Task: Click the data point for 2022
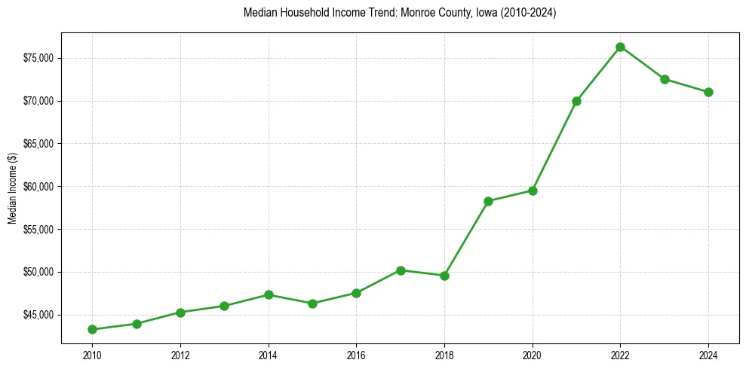coord(620,47)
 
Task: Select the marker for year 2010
coord(92,329)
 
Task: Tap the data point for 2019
coord(488,201)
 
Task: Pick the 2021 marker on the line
coord(576,101)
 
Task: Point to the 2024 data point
coord(708,92)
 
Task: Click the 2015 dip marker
coord(312,303)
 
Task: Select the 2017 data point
coord(401,270)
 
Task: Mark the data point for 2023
coord(665,79)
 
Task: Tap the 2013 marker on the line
coord(224,306)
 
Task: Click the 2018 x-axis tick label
coord(444,354)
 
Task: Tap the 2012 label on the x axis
coord(180,354)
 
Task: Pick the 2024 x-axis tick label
coord(708,354)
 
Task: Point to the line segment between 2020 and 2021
coord(554,146)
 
